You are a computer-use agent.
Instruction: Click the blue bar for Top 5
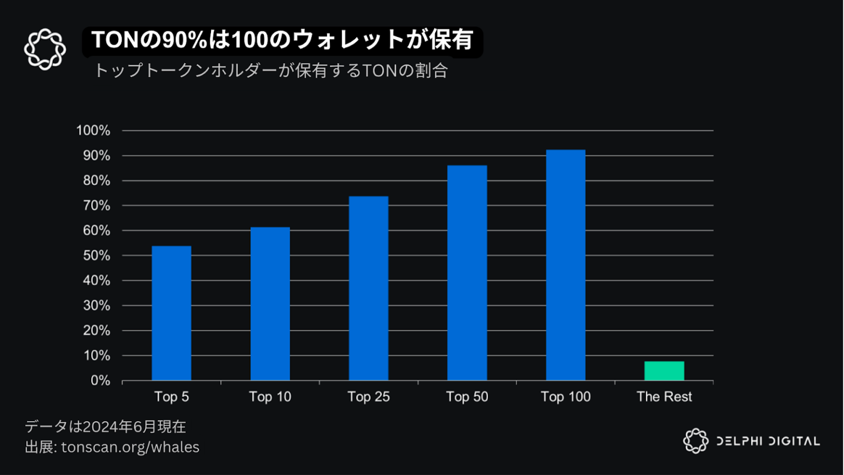tap(171, 313)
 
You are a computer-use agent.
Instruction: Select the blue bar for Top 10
tap(270, 303)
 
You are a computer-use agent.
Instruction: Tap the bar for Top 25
tap(368, 288)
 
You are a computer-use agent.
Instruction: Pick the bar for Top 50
tap(467, 273)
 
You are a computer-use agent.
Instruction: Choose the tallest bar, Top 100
tap(565, 265)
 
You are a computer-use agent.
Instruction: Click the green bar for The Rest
tap(664, 371)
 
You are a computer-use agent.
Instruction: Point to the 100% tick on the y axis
tap(93, 131)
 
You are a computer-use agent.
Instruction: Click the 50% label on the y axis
tap(96, 256)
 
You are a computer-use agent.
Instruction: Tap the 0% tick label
tap(100, 380)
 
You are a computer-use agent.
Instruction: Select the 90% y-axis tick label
tap(96, 156)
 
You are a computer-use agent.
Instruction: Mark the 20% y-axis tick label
tap(96, 330)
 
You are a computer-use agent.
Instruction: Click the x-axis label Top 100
tap(565, 397)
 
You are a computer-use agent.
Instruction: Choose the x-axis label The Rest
tap(664, 397)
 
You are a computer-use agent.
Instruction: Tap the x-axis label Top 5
tap(171, 397)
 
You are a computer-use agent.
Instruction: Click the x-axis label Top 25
tap(368, 397)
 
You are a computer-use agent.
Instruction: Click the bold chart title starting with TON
tap(282, 40)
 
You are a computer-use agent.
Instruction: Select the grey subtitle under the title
tap(271, 71)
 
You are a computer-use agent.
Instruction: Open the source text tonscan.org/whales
tap(130, 447)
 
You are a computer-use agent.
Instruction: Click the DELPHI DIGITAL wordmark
tap(768, 441)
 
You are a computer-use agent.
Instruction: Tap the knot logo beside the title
tap(45, 49)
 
